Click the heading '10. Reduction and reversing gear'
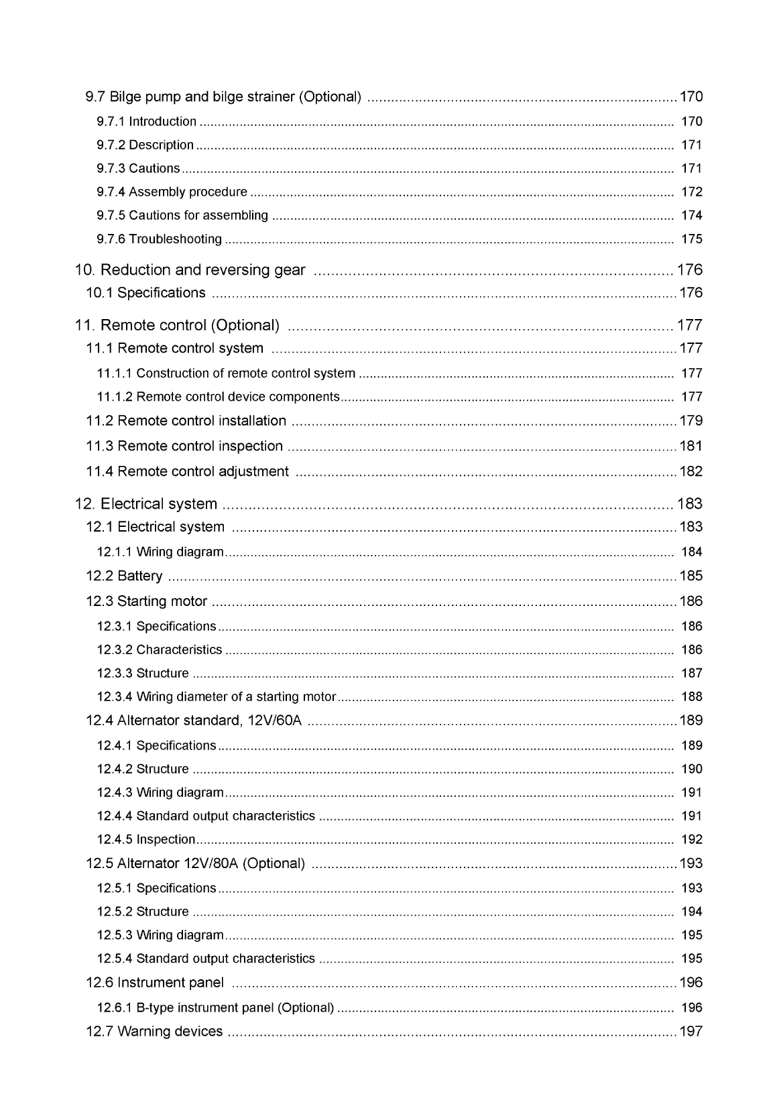190,270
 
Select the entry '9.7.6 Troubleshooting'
159,239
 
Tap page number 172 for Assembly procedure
691,192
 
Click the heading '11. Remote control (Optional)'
177,326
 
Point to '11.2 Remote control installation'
186,421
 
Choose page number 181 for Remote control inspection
691,446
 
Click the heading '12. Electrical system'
146,504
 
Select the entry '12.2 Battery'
124,576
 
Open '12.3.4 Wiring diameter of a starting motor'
216,697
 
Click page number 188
691,697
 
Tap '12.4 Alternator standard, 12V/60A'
194,721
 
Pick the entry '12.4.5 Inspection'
145,840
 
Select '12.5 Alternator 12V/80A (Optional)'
195,864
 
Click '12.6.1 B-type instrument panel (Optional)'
215,1008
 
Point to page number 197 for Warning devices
691,1032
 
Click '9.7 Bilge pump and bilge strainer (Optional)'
223,97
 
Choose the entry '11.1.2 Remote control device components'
218,398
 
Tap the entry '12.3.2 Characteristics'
159,650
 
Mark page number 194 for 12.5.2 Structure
691,912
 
